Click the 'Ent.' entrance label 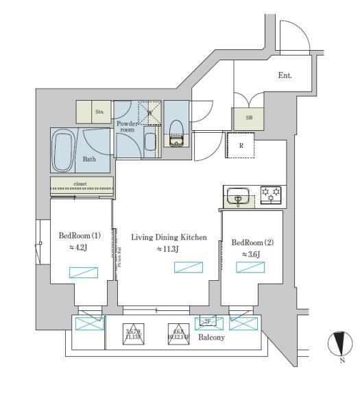coord(285,75)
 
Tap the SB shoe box coord(248,118)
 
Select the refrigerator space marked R coord(241,145)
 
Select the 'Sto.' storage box coord(99,111)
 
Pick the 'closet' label coord(82,184)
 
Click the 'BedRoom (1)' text coord(80,236)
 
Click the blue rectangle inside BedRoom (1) coord(81,272)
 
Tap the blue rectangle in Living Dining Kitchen coord(187,267)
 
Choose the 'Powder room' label coord(127,126)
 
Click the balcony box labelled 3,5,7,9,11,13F coord(132,333)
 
